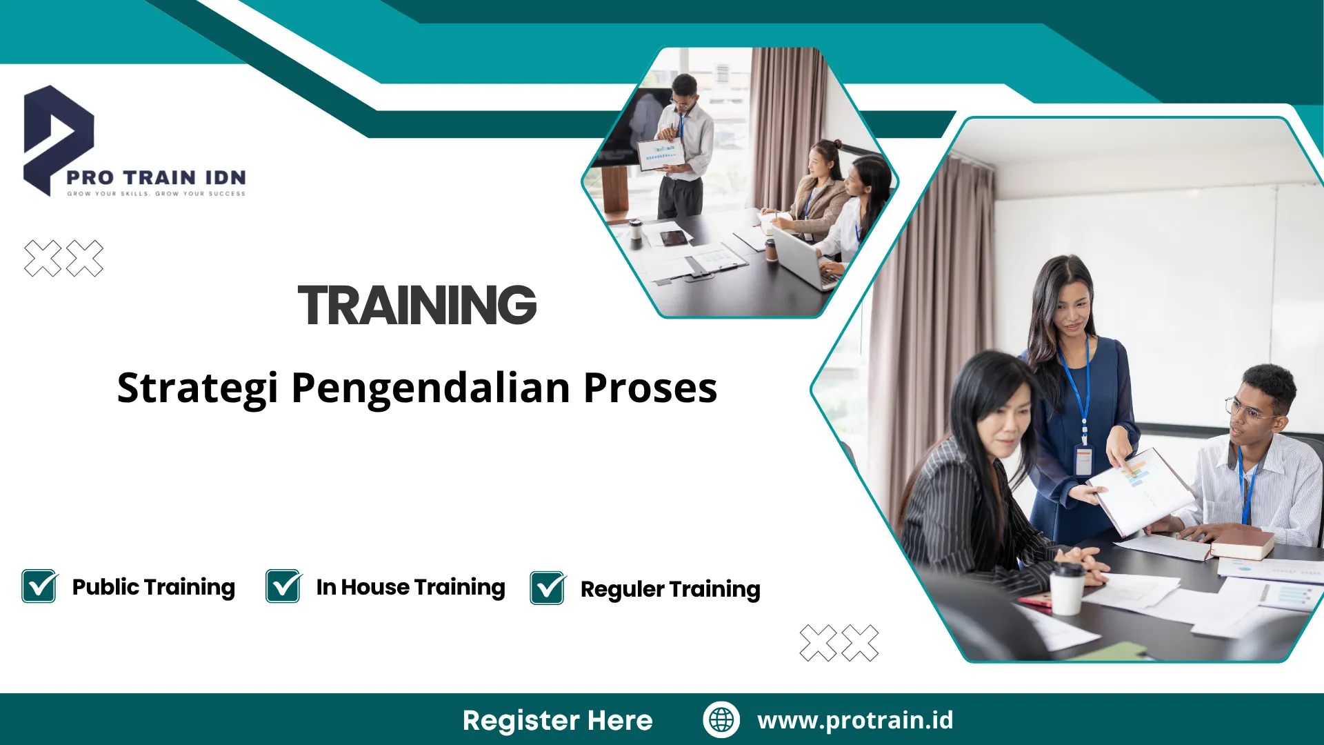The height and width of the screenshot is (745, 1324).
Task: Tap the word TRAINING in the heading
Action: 417,305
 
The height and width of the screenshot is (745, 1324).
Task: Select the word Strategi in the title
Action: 197,388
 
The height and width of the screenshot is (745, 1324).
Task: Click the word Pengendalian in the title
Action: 432,388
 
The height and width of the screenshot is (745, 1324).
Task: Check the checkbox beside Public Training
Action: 39,586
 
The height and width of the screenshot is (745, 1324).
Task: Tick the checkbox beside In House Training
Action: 283,586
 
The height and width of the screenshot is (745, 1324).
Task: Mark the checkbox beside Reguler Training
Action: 548,588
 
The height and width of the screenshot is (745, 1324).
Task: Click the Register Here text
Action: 557,720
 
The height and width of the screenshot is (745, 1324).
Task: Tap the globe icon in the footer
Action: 721,719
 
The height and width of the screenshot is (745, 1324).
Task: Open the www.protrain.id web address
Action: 855,720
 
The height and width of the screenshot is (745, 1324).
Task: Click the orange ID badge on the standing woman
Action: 1083,461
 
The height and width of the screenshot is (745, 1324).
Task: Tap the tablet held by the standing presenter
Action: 660,154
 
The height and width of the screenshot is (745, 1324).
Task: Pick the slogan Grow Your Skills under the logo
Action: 156,194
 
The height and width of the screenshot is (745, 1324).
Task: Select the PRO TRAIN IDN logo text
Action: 156,178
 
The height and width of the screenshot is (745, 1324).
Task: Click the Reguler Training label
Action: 670,589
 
